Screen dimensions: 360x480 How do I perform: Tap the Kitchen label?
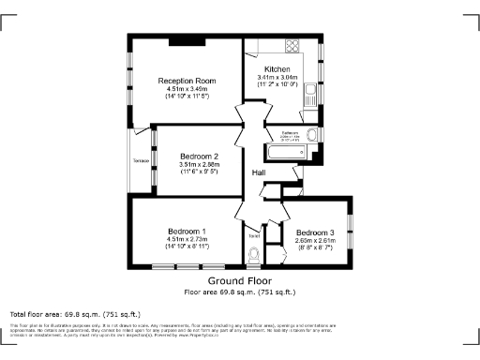tap(277, 70)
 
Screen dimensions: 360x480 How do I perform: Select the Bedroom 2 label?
tap(198, 156)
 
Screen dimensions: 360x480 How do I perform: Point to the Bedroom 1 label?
tap(187, 231)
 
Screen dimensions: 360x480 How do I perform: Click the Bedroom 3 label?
tap(314, 232)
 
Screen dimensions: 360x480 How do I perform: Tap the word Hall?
tap(260, 172)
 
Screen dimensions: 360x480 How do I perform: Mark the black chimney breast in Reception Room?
tap(180, 41)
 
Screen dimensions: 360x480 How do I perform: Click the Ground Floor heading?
tap(239, 280)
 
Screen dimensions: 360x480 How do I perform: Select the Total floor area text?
tap(75, 313)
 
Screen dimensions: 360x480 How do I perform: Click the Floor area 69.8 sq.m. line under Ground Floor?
tap(239, 291)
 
